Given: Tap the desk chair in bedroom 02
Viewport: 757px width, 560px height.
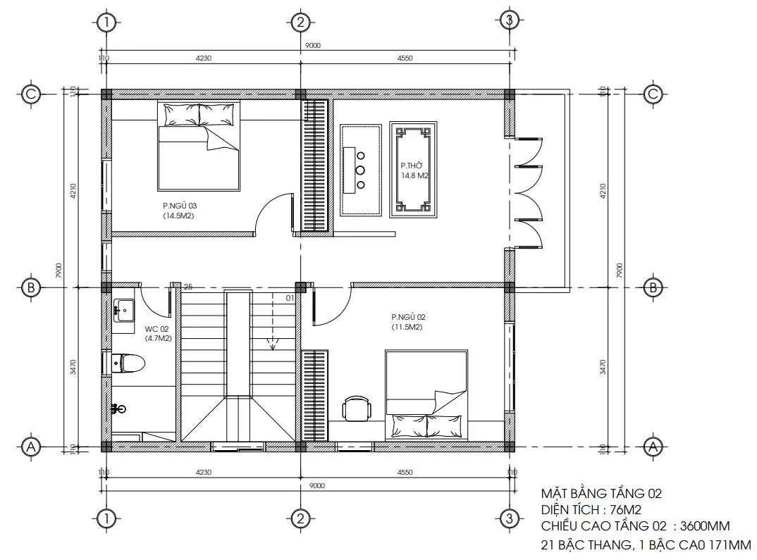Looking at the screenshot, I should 357,408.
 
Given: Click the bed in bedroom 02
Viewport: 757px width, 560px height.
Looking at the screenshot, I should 426,394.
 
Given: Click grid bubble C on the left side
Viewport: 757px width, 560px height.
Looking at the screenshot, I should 30,94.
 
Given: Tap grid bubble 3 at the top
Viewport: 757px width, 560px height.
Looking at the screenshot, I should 508,21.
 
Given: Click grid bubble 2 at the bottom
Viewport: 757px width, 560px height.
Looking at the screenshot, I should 300,519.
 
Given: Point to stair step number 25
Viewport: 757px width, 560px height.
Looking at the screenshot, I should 188,287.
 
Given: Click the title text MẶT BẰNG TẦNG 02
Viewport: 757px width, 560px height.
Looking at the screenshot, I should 601,494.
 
